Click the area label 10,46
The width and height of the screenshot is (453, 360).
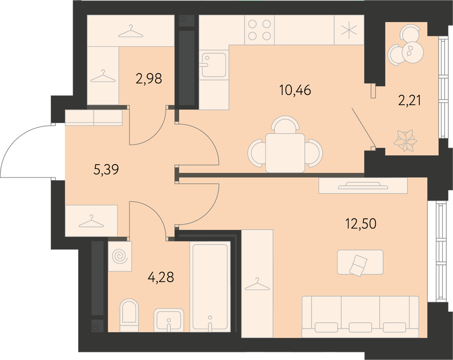(x=295, y=91)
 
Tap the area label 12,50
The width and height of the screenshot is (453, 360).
(x=361, y=224)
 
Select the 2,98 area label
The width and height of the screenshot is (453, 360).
(x=149, y=78)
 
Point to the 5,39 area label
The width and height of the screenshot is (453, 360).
(x=107, y=170)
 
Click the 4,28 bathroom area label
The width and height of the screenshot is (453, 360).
(x=161, y=277)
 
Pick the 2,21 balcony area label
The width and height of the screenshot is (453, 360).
(x=409, y=101)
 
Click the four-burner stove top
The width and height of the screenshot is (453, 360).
(x=259, y=30)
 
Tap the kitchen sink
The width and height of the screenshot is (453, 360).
(x=214, y=65)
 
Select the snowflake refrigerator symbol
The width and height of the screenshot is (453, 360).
(x=349, y=30)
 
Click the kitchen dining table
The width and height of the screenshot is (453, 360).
(x=285, y=153)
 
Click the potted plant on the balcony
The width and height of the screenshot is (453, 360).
(x=406, y=141)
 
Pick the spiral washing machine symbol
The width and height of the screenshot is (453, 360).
(x=120, y=256)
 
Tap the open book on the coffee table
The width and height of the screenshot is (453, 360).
(x=358, y=264)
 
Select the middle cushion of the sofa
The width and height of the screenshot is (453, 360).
(x=360, y=328)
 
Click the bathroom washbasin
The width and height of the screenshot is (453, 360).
(x=169, y=320)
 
